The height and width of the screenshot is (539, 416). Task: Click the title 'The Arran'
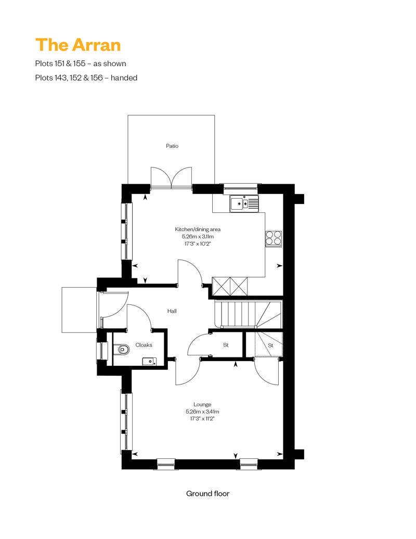[x=78, y=45]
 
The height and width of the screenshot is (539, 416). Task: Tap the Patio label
[x=172, y=146]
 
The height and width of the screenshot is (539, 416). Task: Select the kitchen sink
[x=244, y=203]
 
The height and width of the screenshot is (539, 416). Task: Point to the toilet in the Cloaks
[x=123, y=350]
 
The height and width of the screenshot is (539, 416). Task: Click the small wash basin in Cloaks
[x=149, y=361]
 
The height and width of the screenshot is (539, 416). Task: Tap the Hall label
[x=172, y=311]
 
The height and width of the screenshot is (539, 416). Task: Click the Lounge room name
[x=202, y=404]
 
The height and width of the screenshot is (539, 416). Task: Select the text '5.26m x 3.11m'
[x=198, y=237]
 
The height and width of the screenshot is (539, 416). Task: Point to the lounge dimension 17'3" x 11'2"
[x=202, y=419]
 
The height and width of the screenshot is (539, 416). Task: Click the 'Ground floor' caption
[x=208, y=494]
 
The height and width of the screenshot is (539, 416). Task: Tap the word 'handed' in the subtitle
[x=124, y=78]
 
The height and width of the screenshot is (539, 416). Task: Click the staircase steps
[x=248, y=314]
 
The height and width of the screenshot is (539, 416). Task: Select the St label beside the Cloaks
[x=226, y=345]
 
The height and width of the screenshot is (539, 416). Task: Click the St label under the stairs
[x=271, y=345]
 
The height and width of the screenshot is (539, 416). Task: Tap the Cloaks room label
[x=144, y=345]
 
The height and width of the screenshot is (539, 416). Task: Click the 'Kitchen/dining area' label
[x=198, y=229]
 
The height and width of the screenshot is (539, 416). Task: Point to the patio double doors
[x=172, y=178]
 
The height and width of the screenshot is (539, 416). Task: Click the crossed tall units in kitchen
[x=230, y=286]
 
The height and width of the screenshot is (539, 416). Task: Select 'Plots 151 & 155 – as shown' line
[x=81, y=63]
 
